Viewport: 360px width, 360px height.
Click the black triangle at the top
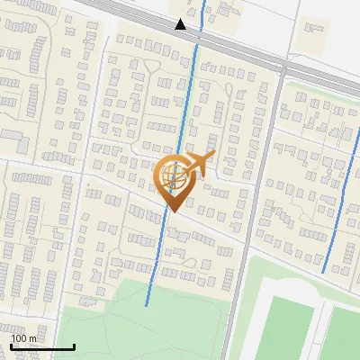(x=181, y=24)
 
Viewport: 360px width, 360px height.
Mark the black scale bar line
(x=42, y=346)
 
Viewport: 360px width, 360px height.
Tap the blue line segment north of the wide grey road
(x=203, y=11)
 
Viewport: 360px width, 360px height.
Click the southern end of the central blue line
(x=146, y=305)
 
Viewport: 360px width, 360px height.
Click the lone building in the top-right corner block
(x=314, y=31)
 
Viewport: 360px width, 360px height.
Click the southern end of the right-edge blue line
(x=323, y=272)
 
